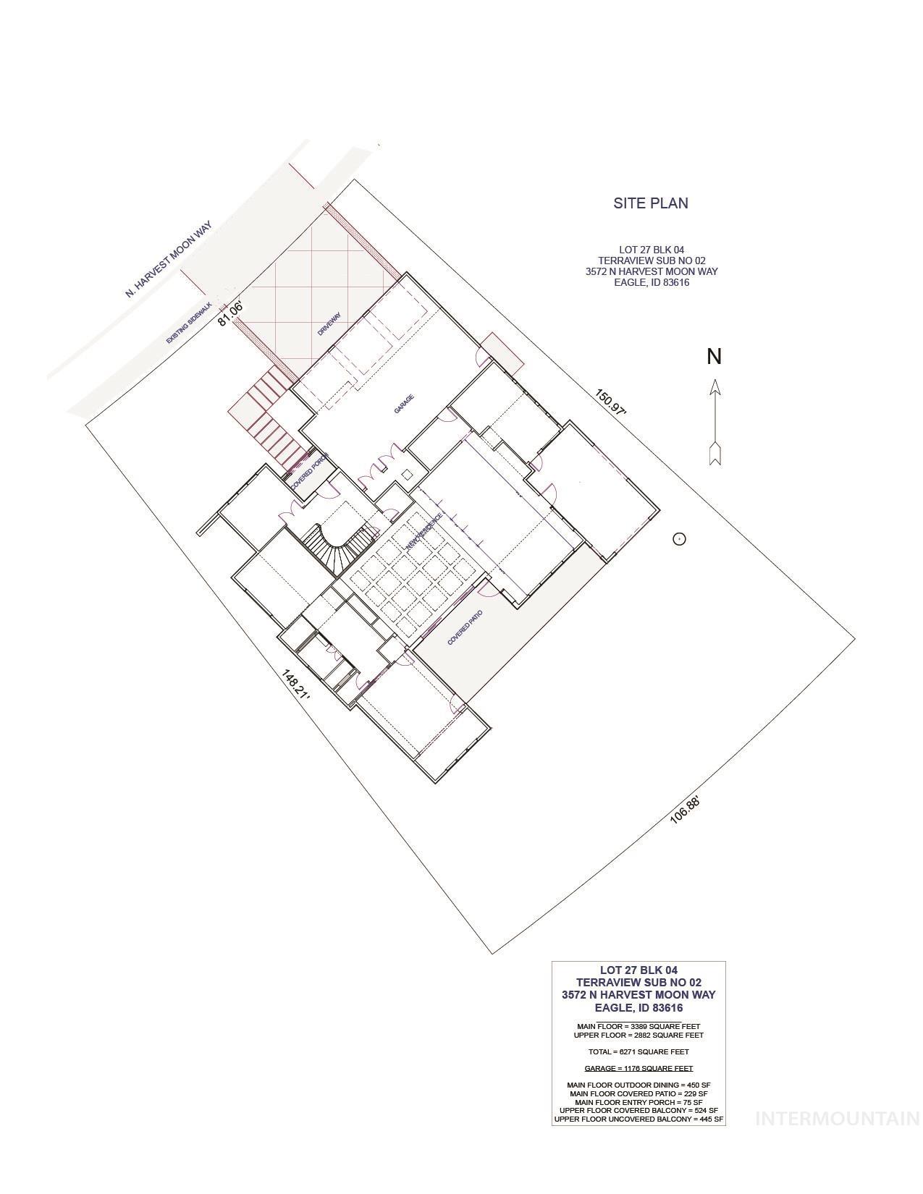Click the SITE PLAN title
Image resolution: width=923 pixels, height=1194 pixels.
(651, 203)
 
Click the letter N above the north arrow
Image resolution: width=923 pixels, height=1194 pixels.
(715, 357)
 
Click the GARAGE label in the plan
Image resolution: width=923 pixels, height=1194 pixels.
(404, 404)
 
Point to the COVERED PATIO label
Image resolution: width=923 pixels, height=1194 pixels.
(465, 627)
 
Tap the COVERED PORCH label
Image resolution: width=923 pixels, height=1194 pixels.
(311, 473)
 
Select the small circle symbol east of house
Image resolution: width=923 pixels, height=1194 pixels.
(679, 538)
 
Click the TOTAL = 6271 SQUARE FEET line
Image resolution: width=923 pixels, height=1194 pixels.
(638, 1051)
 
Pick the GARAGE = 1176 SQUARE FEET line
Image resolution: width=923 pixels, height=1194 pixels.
(638, 1068)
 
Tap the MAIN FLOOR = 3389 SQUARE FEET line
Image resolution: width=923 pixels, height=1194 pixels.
(638, 1026)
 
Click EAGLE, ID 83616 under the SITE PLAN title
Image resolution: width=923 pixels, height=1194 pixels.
(651, 283)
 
